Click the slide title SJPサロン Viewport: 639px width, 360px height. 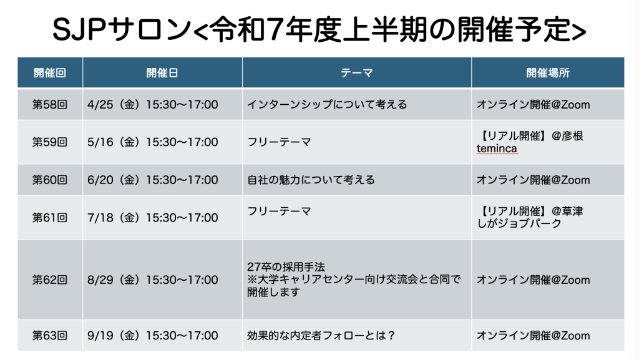coord(122,30)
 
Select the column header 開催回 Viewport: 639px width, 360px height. coord(50,73)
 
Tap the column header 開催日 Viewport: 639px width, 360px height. coord(162,73)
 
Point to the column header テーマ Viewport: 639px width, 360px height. coord(356,73)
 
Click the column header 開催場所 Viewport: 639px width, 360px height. coord(548,73)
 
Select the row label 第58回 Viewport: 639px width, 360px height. coord(50,105)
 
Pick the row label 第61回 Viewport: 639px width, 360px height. coord(50,218)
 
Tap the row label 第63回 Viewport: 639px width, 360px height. coord(50,336)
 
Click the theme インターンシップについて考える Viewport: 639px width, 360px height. coord(327,105)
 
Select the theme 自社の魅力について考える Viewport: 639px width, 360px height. coord(311,180)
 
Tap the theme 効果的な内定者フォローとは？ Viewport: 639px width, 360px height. coord(321,336)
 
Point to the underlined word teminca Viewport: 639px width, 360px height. coord(497,148)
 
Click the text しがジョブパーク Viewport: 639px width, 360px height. coord(519,223)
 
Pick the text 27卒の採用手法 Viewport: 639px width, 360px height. coord(286,267)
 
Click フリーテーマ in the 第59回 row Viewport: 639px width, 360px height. coord(279,142)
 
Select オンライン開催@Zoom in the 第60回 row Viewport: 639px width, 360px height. coord(533,180)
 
